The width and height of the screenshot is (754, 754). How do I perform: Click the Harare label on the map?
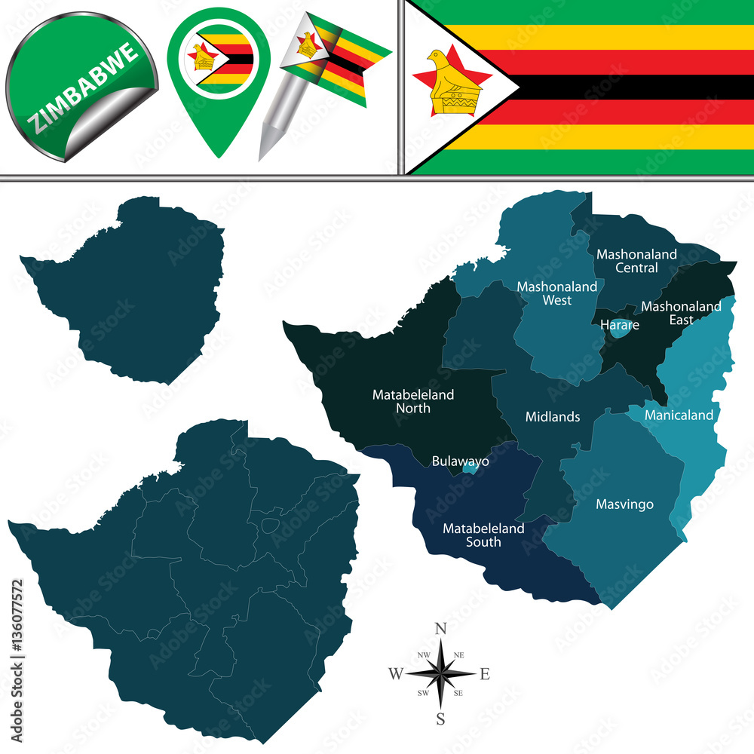coord(620,325)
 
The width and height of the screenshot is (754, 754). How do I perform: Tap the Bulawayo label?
coord(460,461)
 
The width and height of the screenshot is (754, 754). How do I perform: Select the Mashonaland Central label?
coord(636,261)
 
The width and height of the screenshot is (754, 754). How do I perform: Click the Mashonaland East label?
coord(681,313)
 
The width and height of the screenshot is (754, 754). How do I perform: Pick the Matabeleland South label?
coord(483,535)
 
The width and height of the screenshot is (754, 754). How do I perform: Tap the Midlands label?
coord(553,416)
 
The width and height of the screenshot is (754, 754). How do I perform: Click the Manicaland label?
coord(679,415)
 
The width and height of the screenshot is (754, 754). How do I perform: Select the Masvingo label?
coord(624,504)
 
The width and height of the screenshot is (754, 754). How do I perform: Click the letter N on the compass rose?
coord(442,629)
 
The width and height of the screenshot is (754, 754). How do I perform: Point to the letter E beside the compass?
coord(485,674)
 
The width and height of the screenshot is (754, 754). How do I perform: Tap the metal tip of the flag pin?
coord(265,151)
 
